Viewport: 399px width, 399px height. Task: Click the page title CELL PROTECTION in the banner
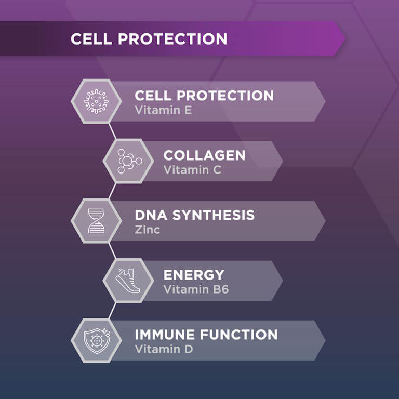(149, 39)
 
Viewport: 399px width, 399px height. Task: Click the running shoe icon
(128, 281)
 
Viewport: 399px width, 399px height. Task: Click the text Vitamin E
(163, 110)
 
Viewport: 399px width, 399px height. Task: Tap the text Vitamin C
(192, 170)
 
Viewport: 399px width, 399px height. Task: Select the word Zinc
(147, 230)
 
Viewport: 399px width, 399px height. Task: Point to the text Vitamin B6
(196, 289)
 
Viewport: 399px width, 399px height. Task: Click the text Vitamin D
(164, 349)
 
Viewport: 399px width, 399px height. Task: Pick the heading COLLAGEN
(204, 155)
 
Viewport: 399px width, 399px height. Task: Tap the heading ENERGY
(194, 275)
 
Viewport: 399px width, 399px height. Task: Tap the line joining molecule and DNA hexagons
(112, 191)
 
